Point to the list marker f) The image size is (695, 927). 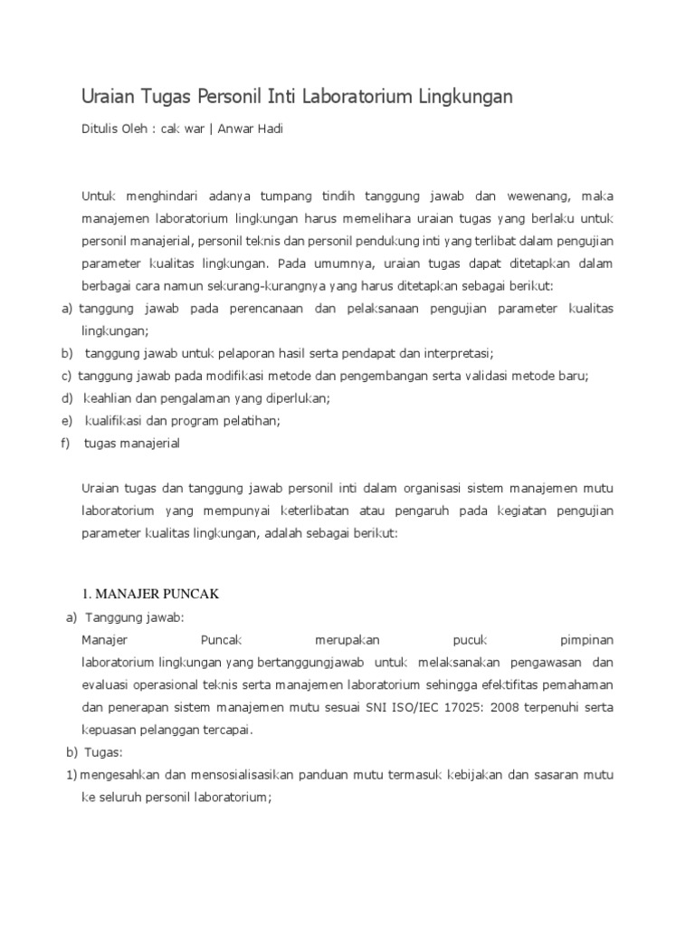66,444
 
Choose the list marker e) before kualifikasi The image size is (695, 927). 66,421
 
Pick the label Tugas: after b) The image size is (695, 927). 102,752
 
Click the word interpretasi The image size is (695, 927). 453,353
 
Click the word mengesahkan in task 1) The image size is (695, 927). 121,775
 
